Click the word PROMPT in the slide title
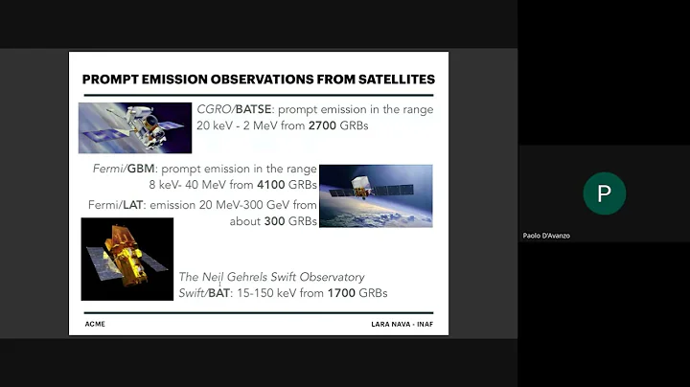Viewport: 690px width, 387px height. (x=111, y=79)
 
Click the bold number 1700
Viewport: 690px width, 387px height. (x=342, y=293)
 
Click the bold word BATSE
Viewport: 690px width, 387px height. (x=254, y=109)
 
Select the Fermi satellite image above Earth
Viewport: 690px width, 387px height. (x=375, y=195)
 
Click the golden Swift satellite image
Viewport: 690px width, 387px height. (x=126, y=259)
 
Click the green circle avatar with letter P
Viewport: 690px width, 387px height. (x=604, y=193)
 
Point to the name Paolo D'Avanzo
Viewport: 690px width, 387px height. (x=546, y=236)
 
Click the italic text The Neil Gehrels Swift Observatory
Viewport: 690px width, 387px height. (x=272, y=277)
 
